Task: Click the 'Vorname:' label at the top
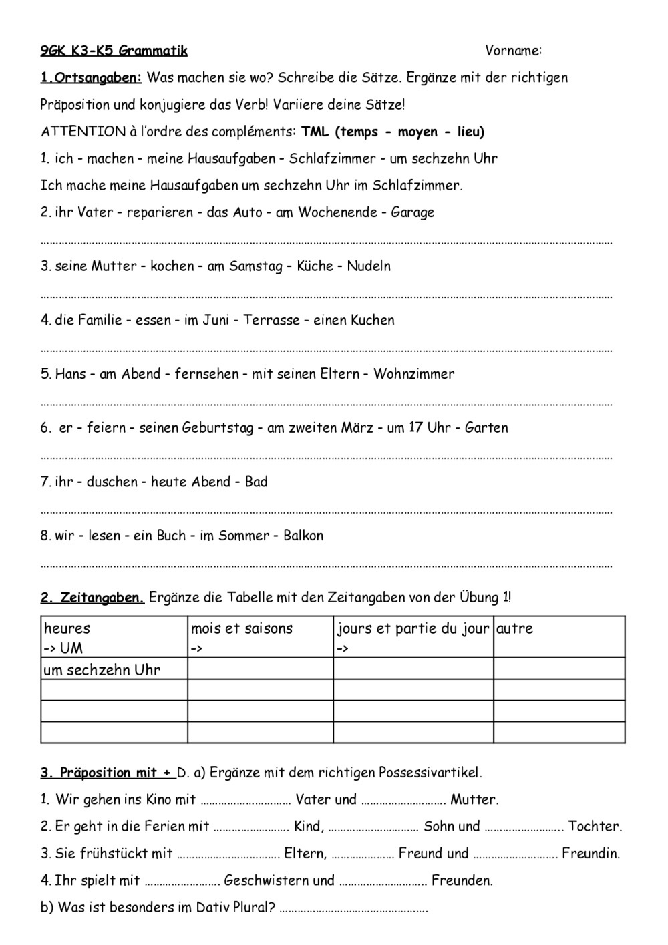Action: pyautogui.click(x=513, y=51)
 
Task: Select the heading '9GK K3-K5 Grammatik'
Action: pyautogui.click(x=114, y=51)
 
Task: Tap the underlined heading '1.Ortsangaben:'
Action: pyautogui.click(x=92, y=77)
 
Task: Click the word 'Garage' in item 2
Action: pyautogui.click(x=412, y=212)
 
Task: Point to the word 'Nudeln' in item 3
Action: pyautogui.click(x=369, y=266)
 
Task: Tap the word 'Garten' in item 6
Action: pyautogui.click(x=486, y=427)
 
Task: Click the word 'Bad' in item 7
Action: pyautogui.click(x=257, y=482)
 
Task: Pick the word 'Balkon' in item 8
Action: pyautogui.click(x=303, y=536)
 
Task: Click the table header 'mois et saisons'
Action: pyautogui.click(x=242, y=628)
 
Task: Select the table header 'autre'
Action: pyautogui.click(x=515, y=628)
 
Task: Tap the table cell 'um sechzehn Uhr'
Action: pyautogui.click(x=102, y=669)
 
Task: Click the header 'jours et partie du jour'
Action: pyautogui.click(x=413, y=628)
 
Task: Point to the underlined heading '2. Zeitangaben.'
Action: pyautogui.click(x=92, y=598)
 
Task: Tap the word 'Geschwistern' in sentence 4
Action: pyautogui.click(x=279, y=880)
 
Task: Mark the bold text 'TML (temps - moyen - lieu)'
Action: pyautogui.click(x=393, y=132)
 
